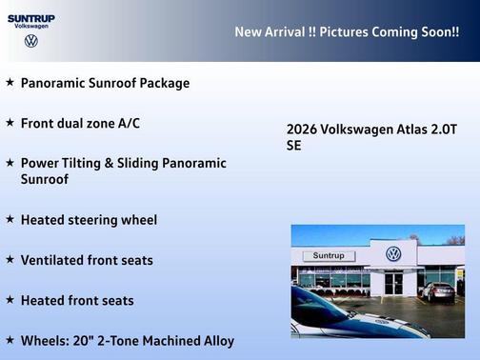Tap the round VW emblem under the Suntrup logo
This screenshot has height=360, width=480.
[30, 41]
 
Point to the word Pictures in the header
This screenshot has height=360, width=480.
[347, 31]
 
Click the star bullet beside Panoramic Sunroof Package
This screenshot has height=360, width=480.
[10, 83]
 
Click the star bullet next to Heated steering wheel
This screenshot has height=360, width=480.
[10, 219]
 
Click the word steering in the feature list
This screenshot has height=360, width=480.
[92, 220]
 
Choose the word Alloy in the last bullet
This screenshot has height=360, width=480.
[215, 340]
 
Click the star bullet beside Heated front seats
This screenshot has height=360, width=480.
[10, 300]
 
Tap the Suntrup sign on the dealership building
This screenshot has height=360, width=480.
[328, 256]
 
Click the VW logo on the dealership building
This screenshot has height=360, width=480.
[392, 254]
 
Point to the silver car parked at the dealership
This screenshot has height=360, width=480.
[438, 290]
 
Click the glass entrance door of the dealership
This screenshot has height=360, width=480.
[393, 283]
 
